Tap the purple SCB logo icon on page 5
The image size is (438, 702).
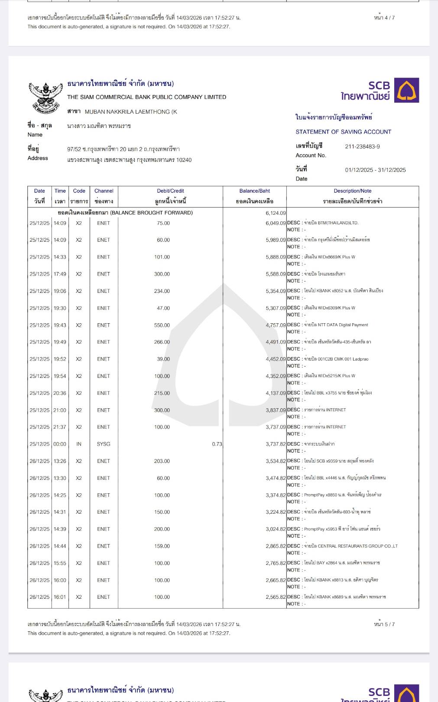[x=406, y=90]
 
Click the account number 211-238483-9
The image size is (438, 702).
[x=362, y=147]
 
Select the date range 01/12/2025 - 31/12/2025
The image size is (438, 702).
[x=375, y=170]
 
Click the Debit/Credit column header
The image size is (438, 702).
[x=170, y=191]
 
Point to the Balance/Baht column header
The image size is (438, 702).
[x=254, y=191]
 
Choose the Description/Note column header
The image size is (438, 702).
[x=352, y=191]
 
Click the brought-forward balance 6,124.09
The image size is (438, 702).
[x=276, y=213]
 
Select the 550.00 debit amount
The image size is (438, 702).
[x=162, y=325]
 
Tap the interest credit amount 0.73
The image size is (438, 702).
[x=217, y=444]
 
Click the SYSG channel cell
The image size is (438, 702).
[x=104, y=444]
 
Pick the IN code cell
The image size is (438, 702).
[x=79, y=444]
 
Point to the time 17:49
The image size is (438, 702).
[x=60, y=274]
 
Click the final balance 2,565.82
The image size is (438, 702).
[x=276, y=597]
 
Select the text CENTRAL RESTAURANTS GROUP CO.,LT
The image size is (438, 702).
[x=357, y=546]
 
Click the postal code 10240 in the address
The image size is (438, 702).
[x=184, y=160]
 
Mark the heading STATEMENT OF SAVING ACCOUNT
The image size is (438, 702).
[x=343, y=132]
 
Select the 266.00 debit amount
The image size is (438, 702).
[x=162, y=342]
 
